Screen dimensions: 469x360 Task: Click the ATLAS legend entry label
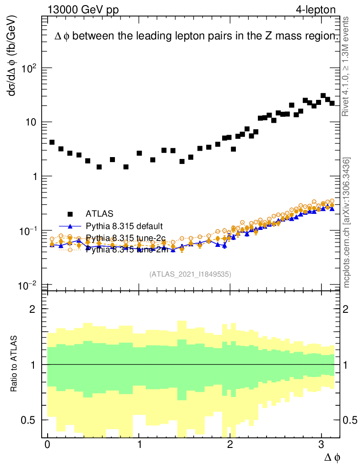[x=99, y=213]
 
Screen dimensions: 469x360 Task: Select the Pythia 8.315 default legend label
[x=125, y=226]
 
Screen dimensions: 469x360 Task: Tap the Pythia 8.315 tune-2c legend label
[x=125, y=238]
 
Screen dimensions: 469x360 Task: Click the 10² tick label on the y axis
[x=28, y=68]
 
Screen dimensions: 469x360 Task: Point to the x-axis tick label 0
[x=47, y=445]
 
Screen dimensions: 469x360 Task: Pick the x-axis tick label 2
[x=230, y=445]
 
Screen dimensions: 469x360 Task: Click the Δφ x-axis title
[x=332, y=457]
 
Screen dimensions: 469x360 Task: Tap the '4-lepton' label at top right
[x=316, y=10]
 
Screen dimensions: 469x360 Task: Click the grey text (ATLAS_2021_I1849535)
[x=190, y=274]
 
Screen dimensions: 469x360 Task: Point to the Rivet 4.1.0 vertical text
[x=347, y=66]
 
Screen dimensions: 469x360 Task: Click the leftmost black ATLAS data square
[x=52, y=142]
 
